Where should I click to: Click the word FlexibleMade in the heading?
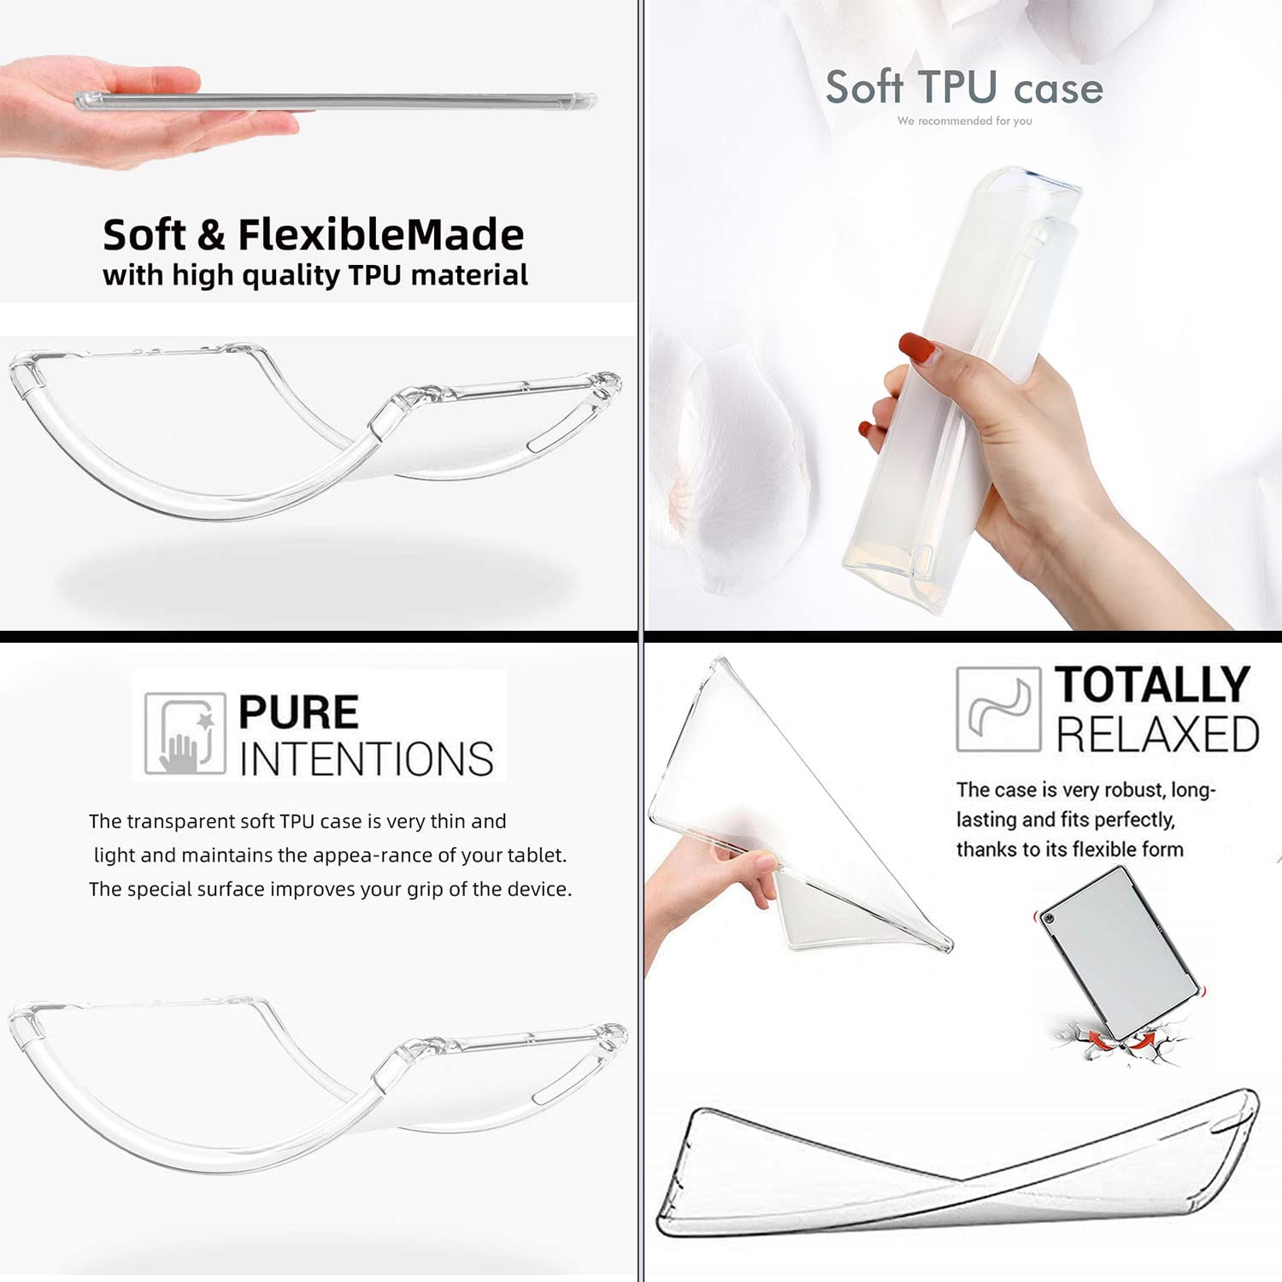[x=380, y=234]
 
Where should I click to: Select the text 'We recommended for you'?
[x=965, y=121]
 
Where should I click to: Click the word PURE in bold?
[x=298, y=712]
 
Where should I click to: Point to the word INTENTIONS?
[x=367, y=759]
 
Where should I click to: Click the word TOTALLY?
[x=1152, y=685]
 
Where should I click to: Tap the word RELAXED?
[x=1157, y=734]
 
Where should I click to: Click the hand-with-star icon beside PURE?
[x=185, y=733]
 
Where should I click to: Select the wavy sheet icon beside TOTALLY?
[x=998, y=709]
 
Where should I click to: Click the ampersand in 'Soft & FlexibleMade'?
[x=211, y=235]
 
